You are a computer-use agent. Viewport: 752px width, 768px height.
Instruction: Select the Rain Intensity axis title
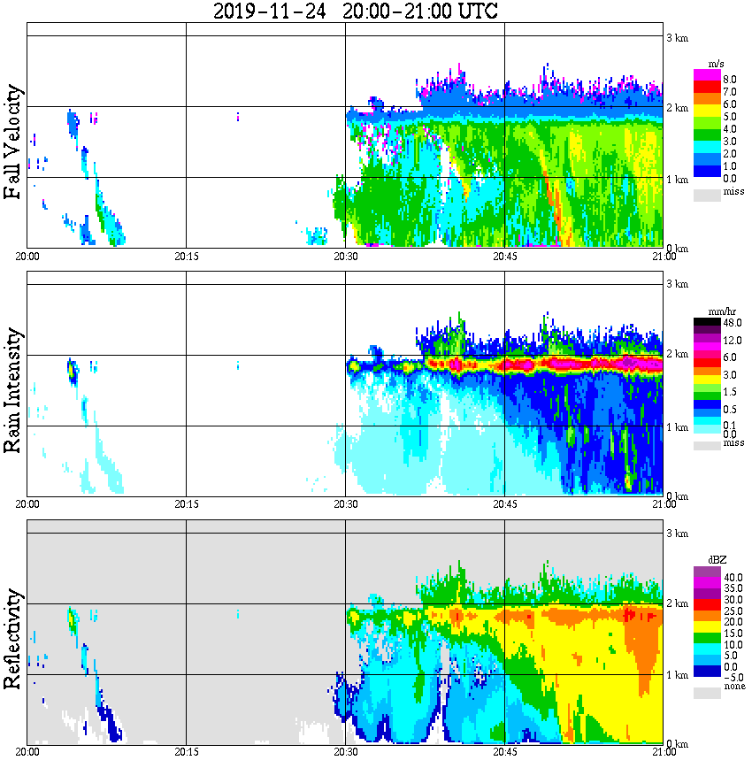pos(13,389)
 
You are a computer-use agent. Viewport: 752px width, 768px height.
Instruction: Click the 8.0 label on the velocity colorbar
pos(730,80)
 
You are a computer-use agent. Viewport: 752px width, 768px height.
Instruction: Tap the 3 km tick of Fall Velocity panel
pos(677,36)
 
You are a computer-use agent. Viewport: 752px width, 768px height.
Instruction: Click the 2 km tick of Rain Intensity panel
pos(677,354)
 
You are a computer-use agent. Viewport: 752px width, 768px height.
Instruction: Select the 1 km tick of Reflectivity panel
pos(677,674)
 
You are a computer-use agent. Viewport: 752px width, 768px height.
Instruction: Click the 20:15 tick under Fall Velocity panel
pos(186,256)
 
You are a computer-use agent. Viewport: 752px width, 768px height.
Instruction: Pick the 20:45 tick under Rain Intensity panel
pos(504,503)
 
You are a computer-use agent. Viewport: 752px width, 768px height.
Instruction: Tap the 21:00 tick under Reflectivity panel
pos(664,751)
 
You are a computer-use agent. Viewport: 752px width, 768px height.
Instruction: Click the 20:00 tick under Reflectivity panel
pos(27,751)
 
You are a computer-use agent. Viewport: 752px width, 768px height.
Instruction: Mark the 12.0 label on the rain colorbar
pos(732,341)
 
